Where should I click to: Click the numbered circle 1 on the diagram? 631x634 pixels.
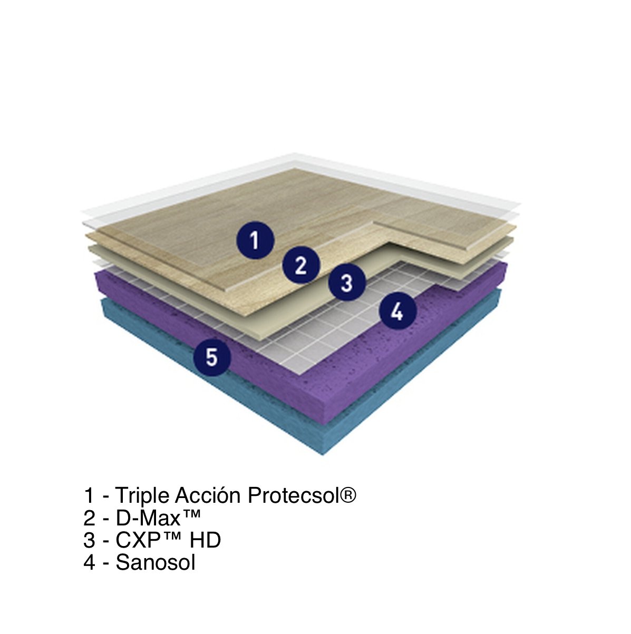point(255,240)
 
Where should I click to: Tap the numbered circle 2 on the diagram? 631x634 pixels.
point(301,265)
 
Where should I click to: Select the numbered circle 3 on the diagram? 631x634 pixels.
point(347,282)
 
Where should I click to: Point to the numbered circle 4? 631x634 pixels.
point(397,310)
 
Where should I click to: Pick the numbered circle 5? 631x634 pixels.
point(212,357)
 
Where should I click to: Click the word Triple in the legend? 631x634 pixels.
point(142,505)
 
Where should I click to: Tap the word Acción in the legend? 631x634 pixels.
point(208,504)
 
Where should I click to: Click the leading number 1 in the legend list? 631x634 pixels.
point(90,504)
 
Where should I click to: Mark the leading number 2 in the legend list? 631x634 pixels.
point(89,526)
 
